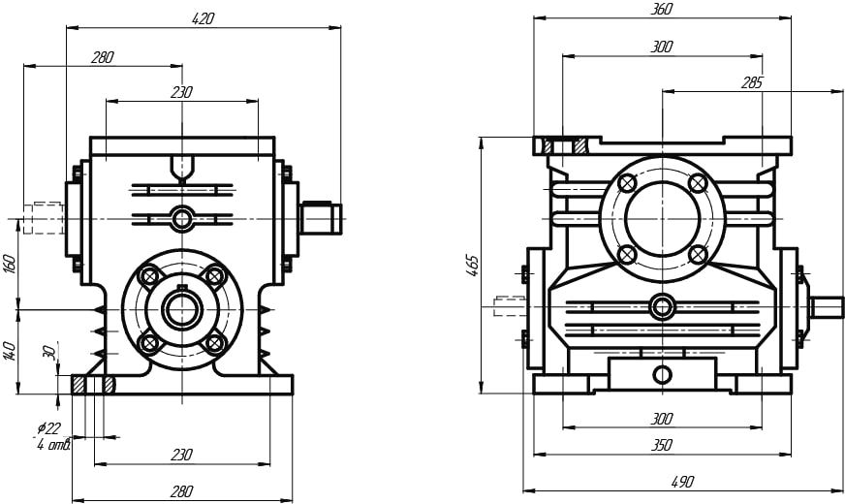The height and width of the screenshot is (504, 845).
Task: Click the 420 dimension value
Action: click(x=203, y=18)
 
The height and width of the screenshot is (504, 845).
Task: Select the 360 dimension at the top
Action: click(x=662, y=9)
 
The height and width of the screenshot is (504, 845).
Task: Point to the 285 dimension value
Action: click(x=751, y=83)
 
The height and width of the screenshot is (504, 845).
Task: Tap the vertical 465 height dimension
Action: click(x=472, y=265)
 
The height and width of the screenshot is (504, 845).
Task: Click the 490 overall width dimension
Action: click(x=683, y=482)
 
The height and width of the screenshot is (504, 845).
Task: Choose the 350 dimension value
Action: click(x=662, y=445)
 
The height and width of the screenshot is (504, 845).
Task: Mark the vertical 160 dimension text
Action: click(x=10, y=264)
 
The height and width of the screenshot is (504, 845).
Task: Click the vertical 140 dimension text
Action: click(x=10, y=350)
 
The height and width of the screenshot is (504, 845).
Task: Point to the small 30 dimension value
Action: click(x=48, y=353)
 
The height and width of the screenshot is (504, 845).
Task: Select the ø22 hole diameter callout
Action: click(x=48, y=428)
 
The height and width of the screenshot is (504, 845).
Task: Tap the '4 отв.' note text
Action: click(x=52, y=444)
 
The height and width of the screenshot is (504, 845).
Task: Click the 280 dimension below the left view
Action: click(x=182, y=490)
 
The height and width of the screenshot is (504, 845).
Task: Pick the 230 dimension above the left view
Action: click(x=181, y=92)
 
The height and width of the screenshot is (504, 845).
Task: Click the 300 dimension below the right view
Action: click(x=662, y=419)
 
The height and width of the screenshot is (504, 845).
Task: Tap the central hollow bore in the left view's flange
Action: click(x=181, y=309)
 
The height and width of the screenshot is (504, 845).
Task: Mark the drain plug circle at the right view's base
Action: click(x=662, y=375)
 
